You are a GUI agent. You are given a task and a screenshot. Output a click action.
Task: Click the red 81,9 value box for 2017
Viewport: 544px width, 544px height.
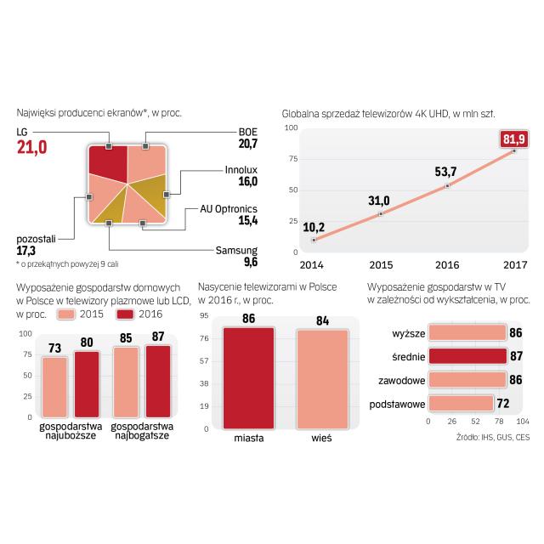tap(515, 139)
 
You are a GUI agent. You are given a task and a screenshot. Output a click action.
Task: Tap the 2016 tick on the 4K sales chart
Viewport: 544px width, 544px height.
tap(449, 264)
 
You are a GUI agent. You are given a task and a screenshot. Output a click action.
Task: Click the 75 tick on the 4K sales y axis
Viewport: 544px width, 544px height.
tap(292, 158)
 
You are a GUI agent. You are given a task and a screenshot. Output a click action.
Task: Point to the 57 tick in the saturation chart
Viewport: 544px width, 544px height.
tap(204, 361)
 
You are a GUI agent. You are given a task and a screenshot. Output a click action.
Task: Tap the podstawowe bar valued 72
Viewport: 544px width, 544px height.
tap(460, 403)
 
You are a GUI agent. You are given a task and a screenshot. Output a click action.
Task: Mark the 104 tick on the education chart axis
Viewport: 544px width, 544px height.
tap(524, 422)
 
